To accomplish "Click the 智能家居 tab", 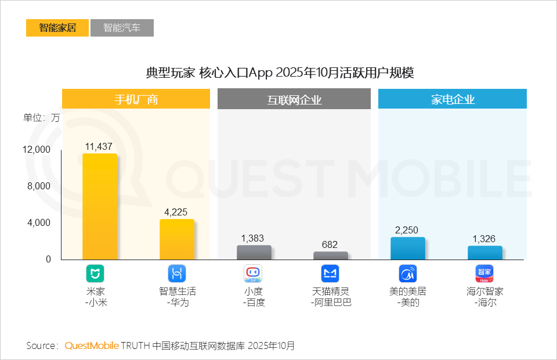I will (x=57, y=28).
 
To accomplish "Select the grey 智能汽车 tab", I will (x=122, y=28).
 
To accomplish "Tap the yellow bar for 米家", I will (x=100, y=207).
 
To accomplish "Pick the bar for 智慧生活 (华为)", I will (x=177, y=239).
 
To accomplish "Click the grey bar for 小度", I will (x=254, y=253).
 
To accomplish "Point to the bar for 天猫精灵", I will (x=331, y=255).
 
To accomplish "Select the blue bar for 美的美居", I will (x=408, y=249).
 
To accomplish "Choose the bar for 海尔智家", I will (x=485, y=253).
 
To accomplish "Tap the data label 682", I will (x=330, y=245).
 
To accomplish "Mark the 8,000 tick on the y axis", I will (x=39, y=186).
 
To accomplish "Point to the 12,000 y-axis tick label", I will (x=37, y=150).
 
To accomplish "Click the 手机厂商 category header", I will (x=136, y=99).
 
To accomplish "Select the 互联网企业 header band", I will (x=294, y=100).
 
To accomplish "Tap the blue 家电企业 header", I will (x=453, y=99).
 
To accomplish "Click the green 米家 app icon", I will (x=95, y=273).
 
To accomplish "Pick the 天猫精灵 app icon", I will (x=330, y=273).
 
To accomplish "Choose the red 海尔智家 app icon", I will (x=485, y=273).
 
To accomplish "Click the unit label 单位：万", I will (x=41, y=117).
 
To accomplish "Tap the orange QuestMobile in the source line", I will (x=92, y=346).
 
